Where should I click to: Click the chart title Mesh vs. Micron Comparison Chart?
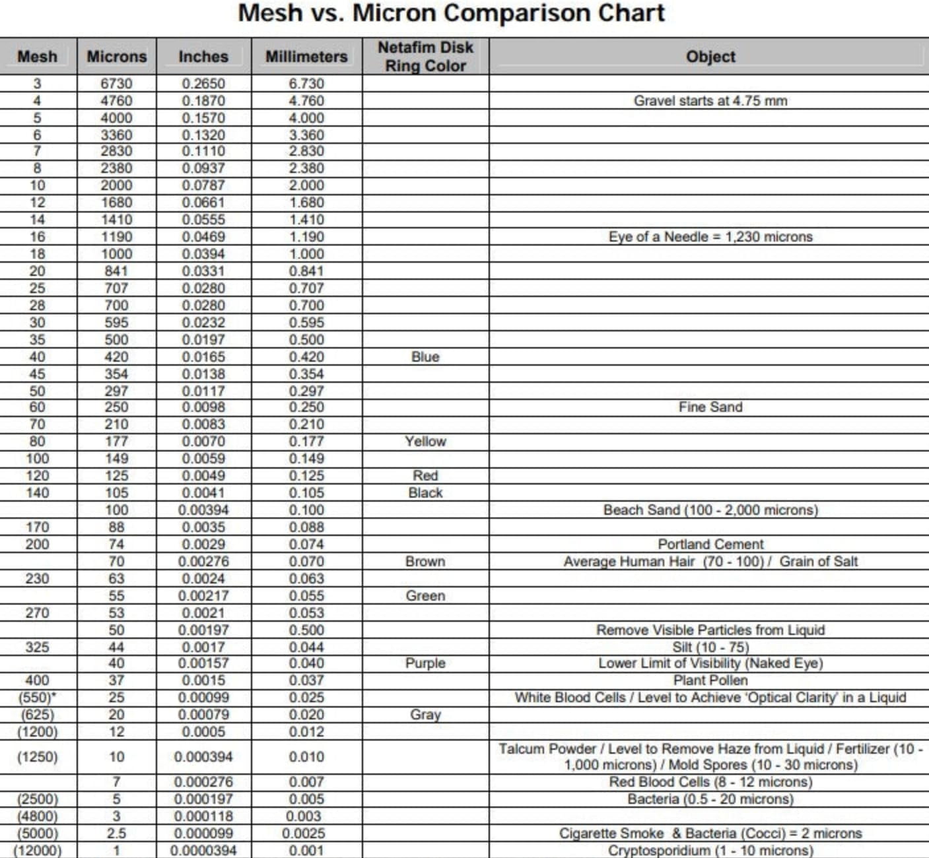[451, 13]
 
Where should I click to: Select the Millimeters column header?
[306, 57]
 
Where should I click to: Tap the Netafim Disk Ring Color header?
[425, 57]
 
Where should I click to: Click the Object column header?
[710, 57]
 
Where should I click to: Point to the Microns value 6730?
[116, 84]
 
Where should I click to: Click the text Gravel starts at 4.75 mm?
[710, 101]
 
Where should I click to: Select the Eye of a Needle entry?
[710, 237]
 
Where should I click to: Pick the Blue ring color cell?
[425, 357]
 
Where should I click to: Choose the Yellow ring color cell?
[425, 442]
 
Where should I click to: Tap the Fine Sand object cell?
[710, 407]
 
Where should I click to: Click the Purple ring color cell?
[425, 663]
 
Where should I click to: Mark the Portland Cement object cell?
[710, 544]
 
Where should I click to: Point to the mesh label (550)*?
[37, 698]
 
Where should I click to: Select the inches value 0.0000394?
[203, 851]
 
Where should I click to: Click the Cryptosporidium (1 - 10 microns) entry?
[710, 851]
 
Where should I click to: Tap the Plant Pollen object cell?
[710, 680]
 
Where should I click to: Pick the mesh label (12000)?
[37, 851]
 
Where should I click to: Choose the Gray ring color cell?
[425, 715]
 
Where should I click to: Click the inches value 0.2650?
[203, 84]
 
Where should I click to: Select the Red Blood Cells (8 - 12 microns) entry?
[710, 782]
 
